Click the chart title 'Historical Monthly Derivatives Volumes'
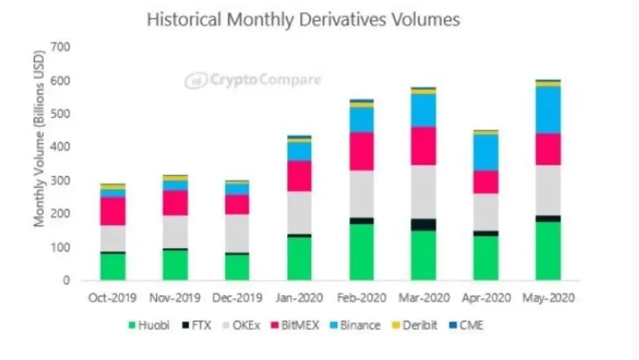303,20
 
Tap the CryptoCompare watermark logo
253,81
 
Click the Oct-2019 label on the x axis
112,297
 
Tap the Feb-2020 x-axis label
361,297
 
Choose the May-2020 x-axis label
548,297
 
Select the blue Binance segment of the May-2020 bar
548,109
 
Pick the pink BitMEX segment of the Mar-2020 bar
424,146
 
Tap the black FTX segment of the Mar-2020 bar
424,224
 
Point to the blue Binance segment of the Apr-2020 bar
486,152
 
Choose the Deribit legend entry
416,325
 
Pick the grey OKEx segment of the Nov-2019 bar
174,232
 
